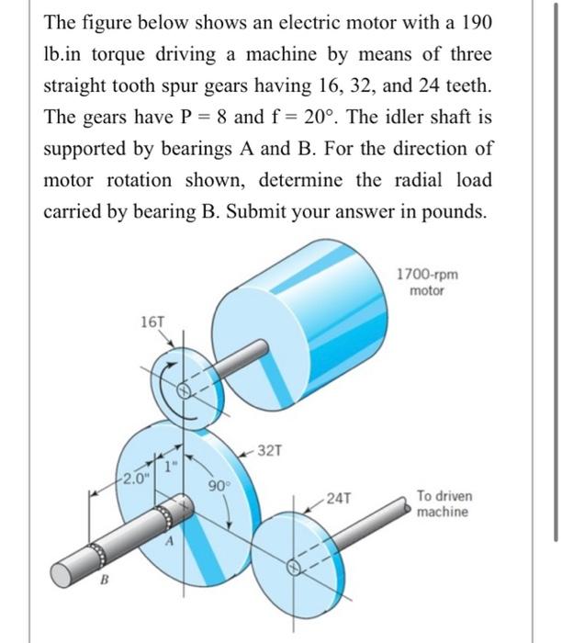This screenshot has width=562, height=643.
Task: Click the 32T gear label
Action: tap(273, 450)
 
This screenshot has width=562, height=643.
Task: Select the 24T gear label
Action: tap(337, 500)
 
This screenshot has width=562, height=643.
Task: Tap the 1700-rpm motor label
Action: tap(426, 282)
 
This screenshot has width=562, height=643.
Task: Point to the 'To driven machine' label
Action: tap(444, 502)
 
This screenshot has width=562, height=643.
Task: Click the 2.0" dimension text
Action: tap(135, 478)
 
